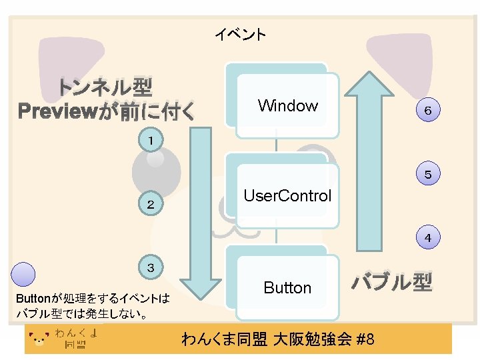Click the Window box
(x=287, y=105)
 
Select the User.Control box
(x=287, y=196)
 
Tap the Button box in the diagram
(x=287, y=288)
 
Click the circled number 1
(x=152, y=140)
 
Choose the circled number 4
(x=427, y=237)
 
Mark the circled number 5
(x=427, y=175)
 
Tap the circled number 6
(x=427, y=111)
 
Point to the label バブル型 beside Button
(x=392, y=282)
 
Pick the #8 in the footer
(x=366, y=339)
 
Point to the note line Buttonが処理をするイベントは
(x=93, y=298)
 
